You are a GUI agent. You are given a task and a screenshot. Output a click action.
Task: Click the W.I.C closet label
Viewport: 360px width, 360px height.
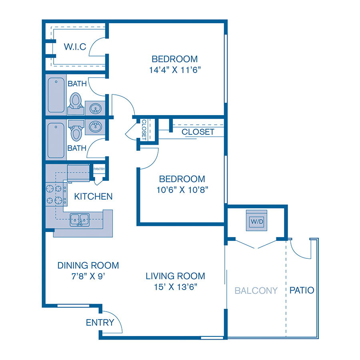[75, 47]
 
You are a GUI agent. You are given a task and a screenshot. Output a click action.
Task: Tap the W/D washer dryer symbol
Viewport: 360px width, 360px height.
[255, 220]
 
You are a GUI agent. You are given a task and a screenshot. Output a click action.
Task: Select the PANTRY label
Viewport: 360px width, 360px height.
[99, 169]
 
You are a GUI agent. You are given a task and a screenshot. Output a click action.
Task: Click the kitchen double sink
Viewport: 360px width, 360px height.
[80, 220]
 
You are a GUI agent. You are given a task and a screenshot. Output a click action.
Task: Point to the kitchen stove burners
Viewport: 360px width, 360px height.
[56, 194]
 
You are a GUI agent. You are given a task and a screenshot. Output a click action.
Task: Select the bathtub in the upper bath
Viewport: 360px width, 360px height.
[56, 95]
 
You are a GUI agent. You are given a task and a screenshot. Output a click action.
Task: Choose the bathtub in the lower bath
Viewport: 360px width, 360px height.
[56, 140]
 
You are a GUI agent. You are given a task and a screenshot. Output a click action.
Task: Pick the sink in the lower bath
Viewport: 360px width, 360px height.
[95, 127]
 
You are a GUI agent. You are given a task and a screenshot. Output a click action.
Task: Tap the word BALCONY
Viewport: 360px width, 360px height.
[256, 290]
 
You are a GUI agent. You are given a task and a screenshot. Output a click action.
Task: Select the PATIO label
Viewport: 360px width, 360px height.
[302, 290]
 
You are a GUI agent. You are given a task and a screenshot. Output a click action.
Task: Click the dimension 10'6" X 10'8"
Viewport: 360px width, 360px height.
[182, 190]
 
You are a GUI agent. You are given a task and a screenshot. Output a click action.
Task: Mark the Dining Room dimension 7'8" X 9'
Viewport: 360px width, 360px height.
[88, 276]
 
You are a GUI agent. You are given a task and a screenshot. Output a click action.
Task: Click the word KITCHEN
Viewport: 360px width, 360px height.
[93, 196]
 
